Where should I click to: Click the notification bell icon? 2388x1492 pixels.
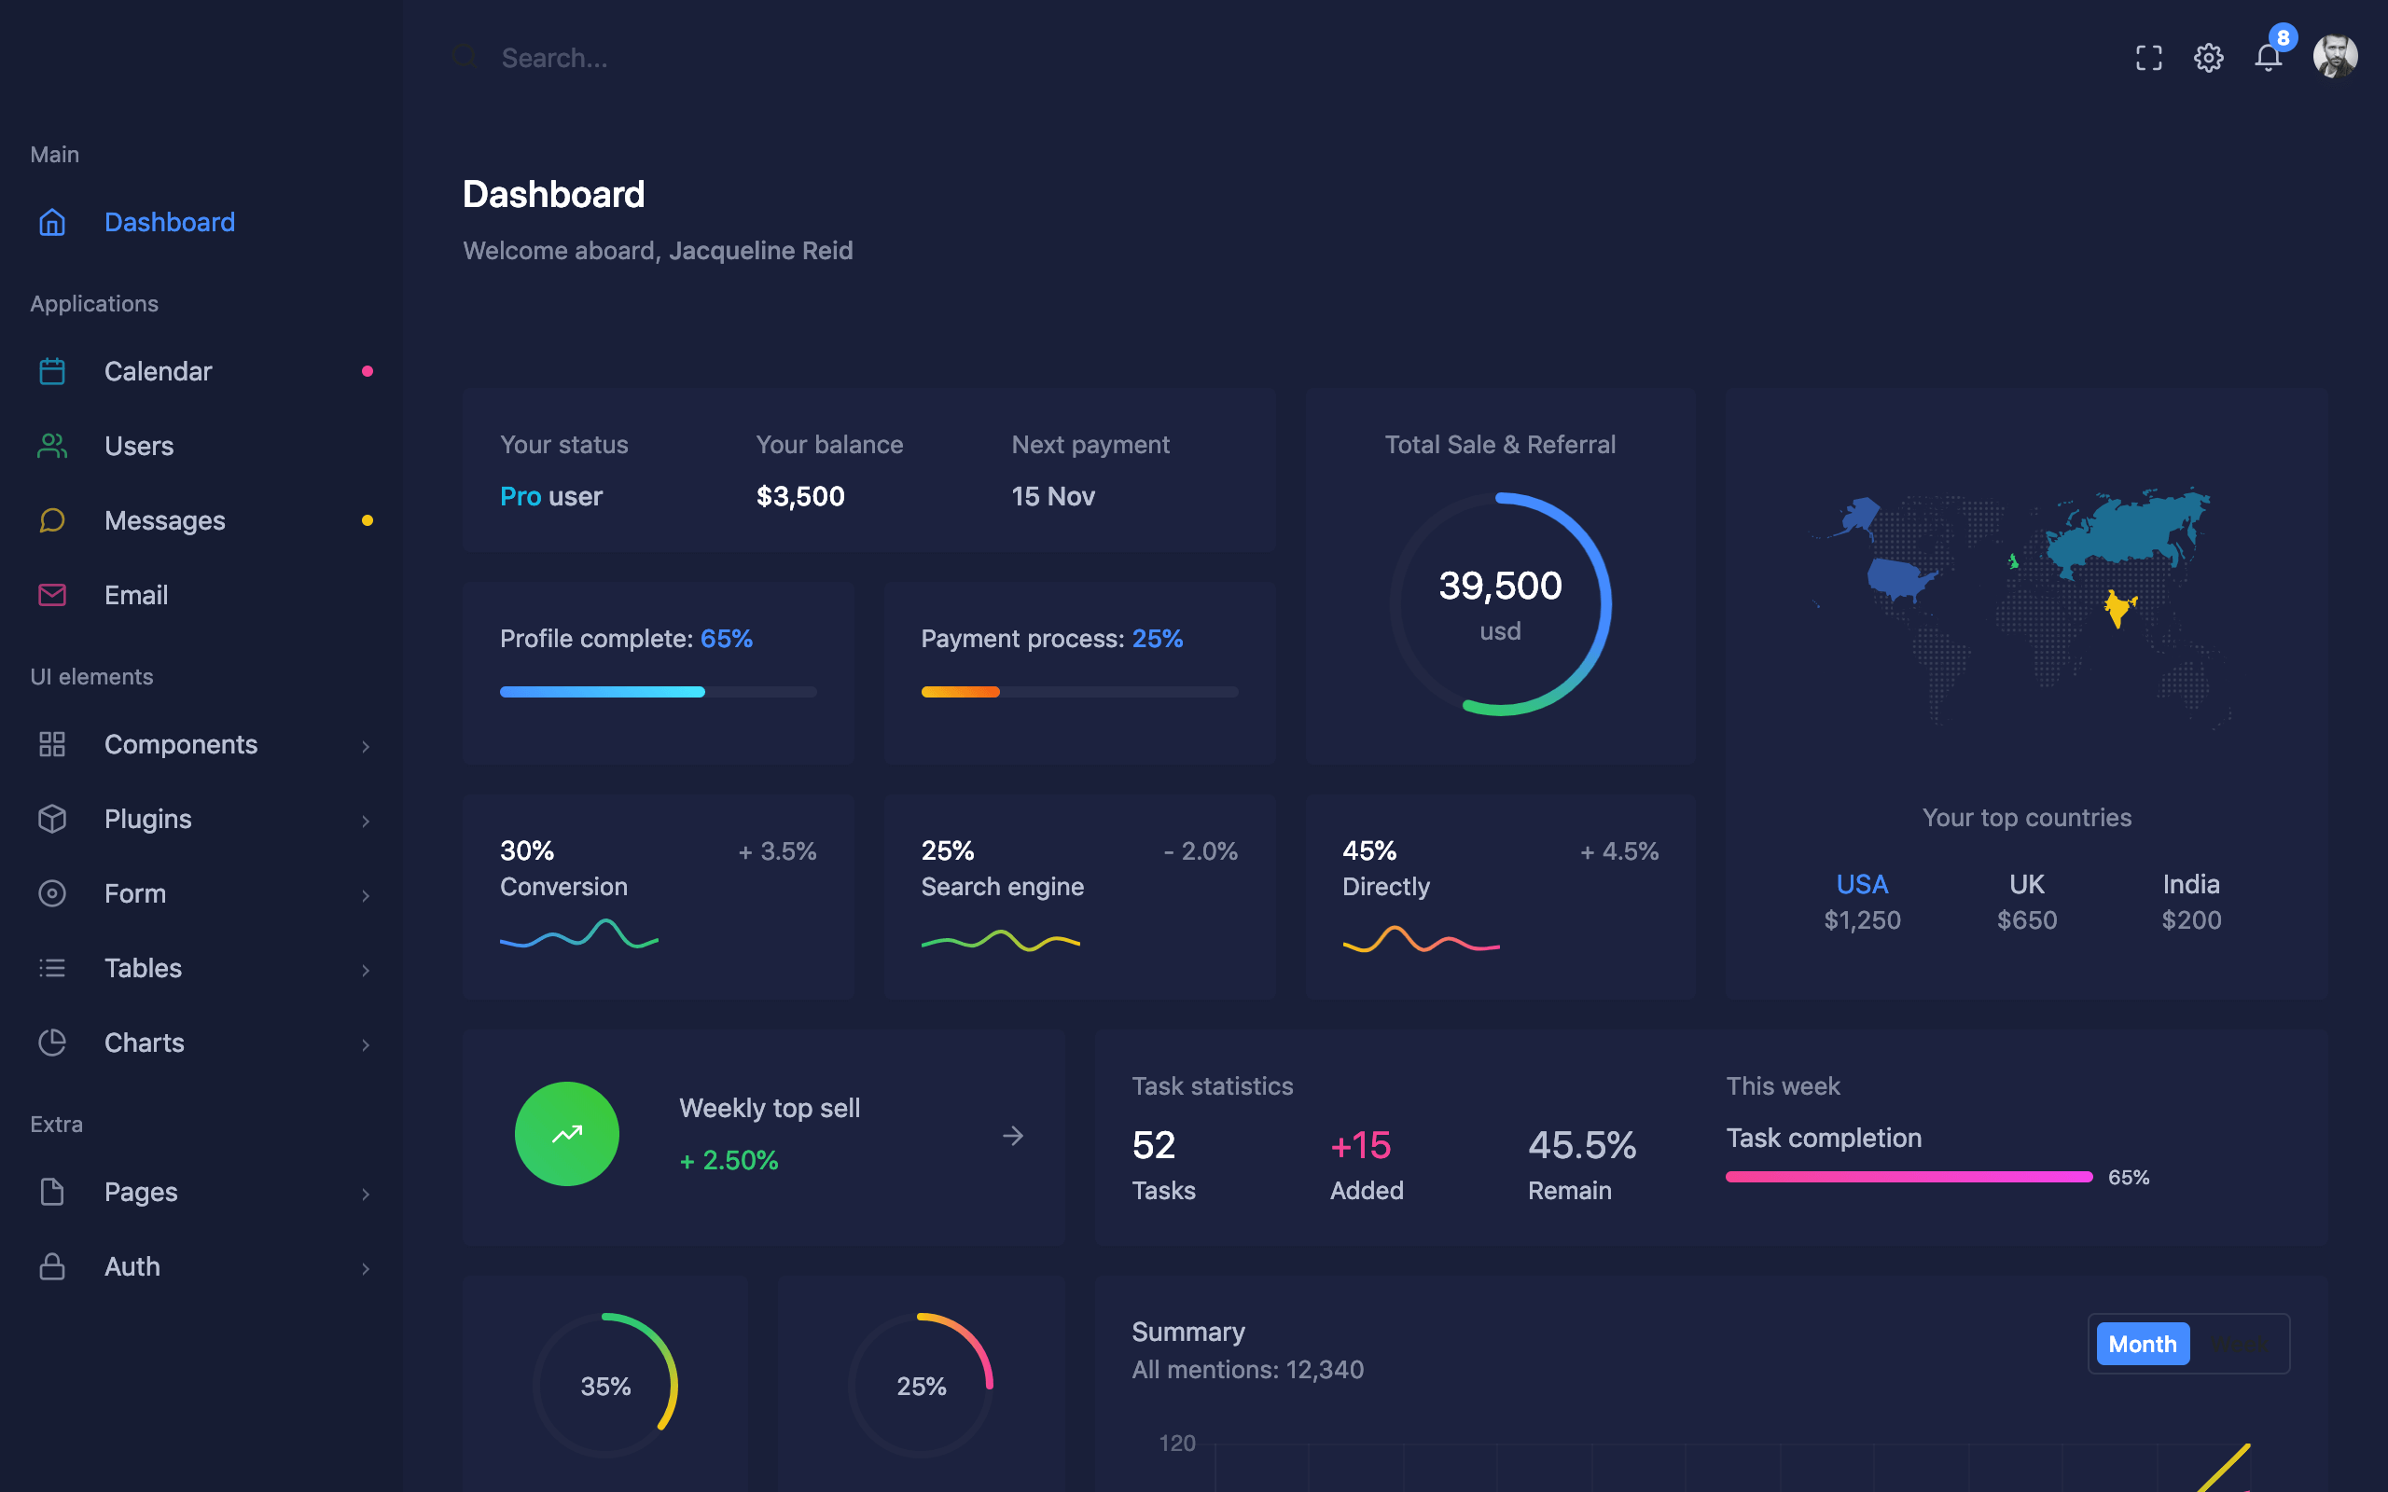tap(2268, 58)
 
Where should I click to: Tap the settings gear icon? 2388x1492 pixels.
tap(2208, 58)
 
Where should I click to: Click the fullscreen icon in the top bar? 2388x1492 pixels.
tap(2148, 58)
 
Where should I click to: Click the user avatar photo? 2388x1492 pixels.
tap(2335, 56)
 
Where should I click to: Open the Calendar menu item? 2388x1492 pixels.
tap(158, 371)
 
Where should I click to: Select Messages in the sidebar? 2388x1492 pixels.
tap(165, 520)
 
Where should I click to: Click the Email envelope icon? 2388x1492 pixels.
tap(52, 595)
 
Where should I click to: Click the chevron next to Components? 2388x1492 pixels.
tap(365, 746)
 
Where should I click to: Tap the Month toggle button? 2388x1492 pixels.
tap(2142, 1344)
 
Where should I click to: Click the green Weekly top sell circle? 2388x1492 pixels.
tap(566, 1134)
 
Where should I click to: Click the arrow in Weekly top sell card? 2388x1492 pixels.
tap(1012, 1136)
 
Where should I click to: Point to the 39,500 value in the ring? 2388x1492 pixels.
tap(1500, 587)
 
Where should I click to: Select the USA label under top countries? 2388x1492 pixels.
tap(1861, 884)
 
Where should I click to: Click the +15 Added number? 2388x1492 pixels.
tap(1360, 1146)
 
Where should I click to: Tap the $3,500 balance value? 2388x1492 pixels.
tap(800, 496)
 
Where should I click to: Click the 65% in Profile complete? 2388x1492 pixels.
tap(727, 639)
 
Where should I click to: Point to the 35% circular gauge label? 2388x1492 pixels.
tap(604, 1387)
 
